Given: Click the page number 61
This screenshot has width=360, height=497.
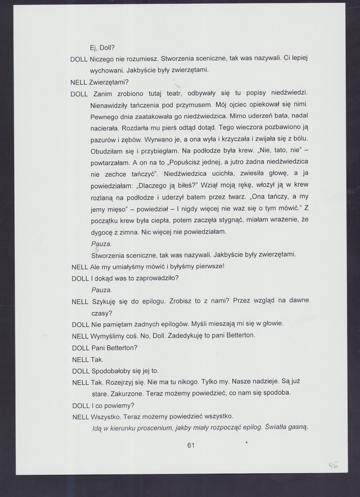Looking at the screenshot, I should point(192,445).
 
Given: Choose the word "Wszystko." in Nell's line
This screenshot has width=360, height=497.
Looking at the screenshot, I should point(105,416).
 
